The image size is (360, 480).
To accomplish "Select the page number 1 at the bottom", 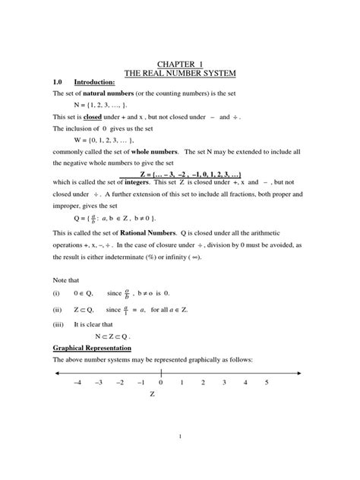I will (x=180, y=437).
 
